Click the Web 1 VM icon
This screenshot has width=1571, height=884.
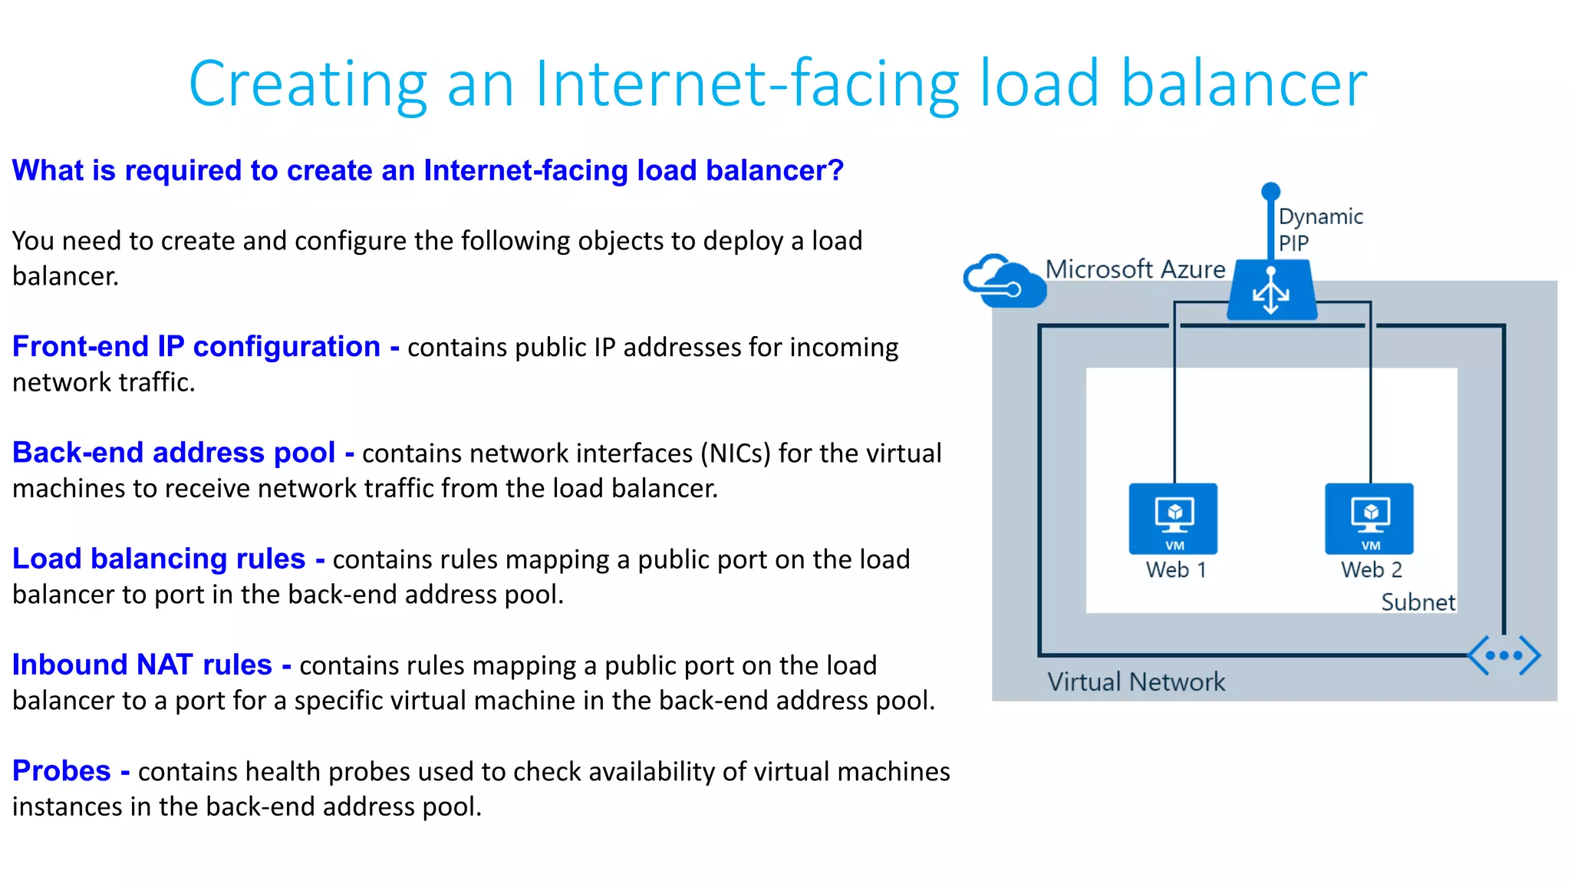coord(1173,518)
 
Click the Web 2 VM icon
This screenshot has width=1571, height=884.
coord(1369,518)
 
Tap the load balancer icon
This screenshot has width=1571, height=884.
coord(1271,291)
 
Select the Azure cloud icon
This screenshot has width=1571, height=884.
coord(1003,282)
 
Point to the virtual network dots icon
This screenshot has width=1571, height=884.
coord(1503,655)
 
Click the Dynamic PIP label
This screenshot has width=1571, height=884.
coord(1320,229)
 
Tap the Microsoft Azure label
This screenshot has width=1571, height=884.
coord(1135,269)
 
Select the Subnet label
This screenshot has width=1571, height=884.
coord(1418,602)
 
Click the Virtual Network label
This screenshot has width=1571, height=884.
coord(1136,681)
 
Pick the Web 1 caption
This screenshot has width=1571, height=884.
coord(1176,570)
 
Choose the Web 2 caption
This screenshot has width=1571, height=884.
coord(1372,570)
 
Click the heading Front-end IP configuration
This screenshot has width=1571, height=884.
coord(196,347)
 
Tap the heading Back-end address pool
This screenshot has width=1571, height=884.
coord(174,453)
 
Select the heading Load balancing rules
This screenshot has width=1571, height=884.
coord(159,559)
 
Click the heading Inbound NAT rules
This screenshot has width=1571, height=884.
coord(142,665)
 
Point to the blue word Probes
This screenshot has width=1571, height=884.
coord(61,770)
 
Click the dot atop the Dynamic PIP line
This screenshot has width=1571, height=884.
coord(1271,190)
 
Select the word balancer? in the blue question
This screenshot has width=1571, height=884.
coord(775,170)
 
